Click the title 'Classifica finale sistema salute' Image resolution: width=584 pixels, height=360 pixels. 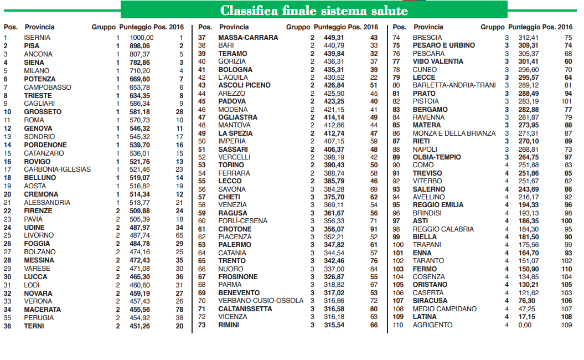pos(314,11)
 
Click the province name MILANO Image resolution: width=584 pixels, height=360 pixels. pos(37,70)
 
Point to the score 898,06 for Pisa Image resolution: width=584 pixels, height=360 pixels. pos(139,46)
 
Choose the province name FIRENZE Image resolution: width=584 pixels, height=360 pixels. pos(38,210)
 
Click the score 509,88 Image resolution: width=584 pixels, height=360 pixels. pos(139,210)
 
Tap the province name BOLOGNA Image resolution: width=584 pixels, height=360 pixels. pos(235,70)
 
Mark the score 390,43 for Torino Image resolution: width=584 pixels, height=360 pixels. pos(333,165)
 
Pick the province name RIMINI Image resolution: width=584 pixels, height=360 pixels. pos(229,325)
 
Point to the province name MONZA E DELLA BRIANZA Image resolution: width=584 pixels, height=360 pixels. pos(454,133)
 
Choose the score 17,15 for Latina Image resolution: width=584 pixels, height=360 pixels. pos(528,317)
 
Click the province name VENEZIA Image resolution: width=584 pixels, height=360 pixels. pos(232,205)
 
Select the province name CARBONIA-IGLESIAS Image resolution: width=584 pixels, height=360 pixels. pos(58,169)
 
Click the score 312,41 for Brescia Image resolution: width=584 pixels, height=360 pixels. pos(528,37)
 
